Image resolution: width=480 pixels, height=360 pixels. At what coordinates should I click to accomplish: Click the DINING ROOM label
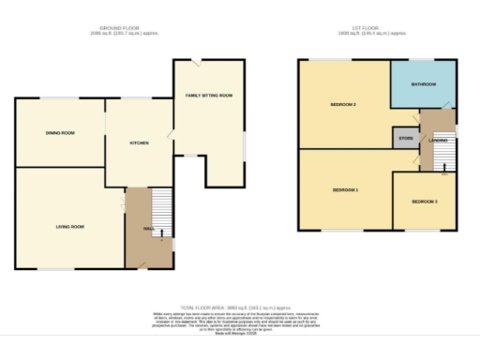pyautogui.click(x=60, y=133)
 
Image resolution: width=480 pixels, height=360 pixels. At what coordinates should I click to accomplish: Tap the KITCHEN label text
pyautogui.click(x=139, y=142)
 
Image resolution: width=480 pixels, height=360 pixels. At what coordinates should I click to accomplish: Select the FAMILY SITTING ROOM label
pyautogui.click(x=209, y=96)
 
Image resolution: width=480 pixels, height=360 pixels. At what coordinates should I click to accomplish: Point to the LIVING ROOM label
pyautogui.click(x=67, y=227)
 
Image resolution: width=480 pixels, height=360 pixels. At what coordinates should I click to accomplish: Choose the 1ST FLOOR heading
pyautogui.click(x=378, y=29)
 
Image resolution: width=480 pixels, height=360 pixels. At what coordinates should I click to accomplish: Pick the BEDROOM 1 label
pyautogui.click(x=345, y=190)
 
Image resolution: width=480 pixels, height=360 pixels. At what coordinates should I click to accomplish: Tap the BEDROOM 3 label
pyautogui.click(x=425, y=202)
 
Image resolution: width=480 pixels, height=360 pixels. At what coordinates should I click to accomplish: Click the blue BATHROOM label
pyautogui.click(x=423, y=84)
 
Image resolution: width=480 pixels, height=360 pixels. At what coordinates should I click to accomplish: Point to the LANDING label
pyautogui.click(x=437, y=141)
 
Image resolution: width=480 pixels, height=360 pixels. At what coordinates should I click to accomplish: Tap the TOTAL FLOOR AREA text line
pyautogui.click(x=240, y=306)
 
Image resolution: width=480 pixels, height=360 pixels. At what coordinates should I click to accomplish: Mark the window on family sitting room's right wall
pyautogui.click(x=246, y=144)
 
